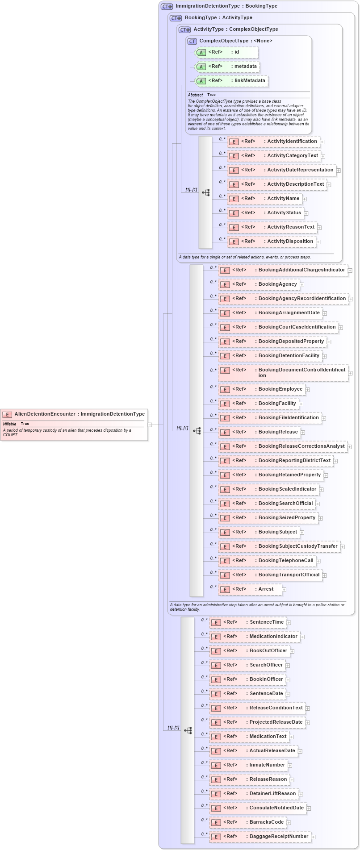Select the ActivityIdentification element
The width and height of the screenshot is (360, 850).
click(x=273, y=142)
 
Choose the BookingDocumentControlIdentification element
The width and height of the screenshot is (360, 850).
click(x=283, y=372)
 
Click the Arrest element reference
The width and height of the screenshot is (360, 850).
click(x=250, y=589)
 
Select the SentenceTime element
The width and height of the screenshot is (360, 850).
click(x=248, y=622)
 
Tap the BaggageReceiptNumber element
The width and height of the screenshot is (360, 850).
click(x=260, y=837)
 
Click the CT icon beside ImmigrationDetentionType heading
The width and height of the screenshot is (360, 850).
click(x=167, y=7)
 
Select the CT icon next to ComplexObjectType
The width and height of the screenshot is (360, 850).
click(x=192, y=41)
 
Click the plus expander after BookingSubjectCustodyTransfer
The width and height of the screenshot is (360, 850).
click(x=343, y=546)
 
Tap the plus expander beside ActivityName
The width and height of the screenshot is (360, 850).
click(x=304, y=199)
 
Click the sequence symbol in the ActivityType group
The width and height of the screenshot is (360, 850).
click(x=205, y=192)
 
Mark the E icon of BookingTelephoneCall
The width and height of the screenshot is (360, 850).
click(x=225, y=561)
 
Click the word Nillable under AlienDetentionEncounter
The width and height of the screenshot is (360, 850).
click(x=9, y=424)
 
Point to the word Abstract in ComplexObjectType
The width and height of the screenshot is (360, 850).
click(x=195, y=95)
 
